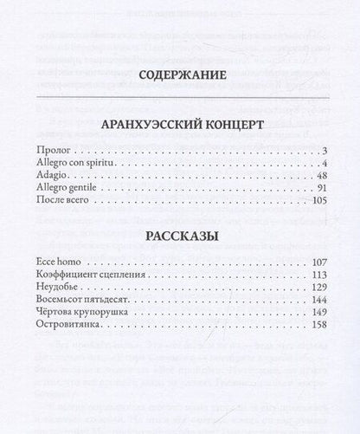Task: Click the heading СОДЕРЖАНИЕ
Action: click(x=182, y=74)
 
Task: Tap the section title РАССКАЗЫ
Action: click(x=181, y=236)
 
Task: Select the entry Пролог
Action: click(x=74, y=152)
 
